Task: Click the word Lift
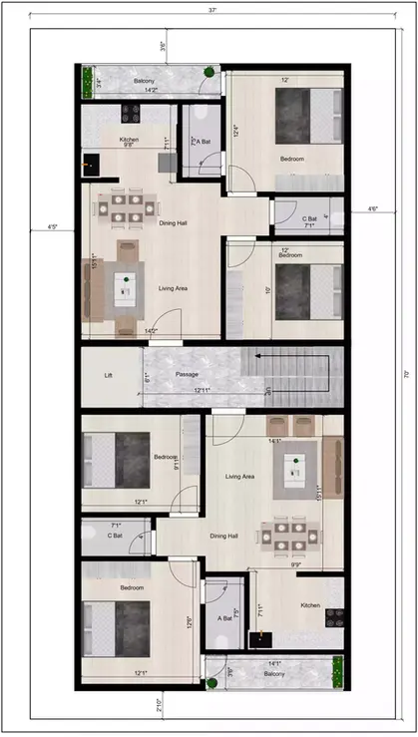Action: (x=109, y=376)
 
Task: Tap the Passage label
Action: (x=187, y=374)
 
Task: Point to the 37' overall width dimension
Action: (x=213, y=10)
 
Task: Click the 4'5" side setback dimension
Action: (x=53, y=226)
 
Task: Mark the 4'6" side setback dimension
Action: (x=372, y=208)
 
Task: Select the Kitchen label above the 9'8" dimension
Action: (x=129, y=140)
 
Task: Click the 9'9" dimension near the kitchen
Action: (x=297, y=565)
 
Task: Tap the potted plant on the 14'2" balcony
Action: (x=209, y=72)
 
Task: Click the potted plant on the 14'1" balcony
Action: (x=211, y=683)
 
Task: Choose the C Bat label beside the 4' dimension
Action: (x=310, y=218)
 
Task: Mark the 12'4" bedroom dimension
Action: (x=235, y=130)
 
